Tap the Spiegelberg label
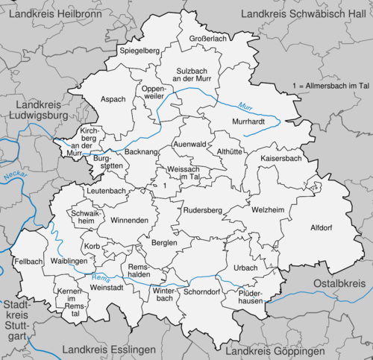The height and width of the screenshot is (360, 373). (140, 51)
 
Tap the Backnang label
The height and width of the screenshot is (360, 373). (142, 151)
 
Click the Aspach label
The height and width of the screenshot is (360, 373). (113, 99)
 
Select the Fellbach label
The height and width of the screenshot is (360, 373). (28, 261)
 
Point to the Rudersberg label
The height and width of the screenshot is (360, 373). (204, 210)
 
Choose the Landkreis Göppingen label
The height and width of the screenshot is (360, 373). (276, 350)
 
